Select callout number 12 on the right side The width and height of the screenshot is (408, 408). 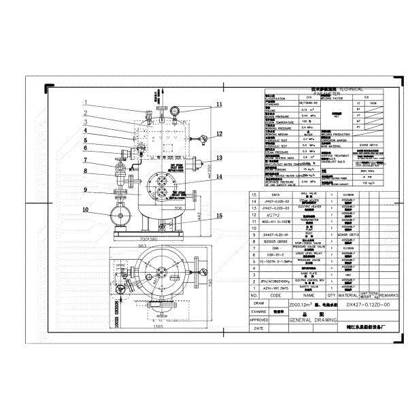pyautogui.click(x=220, y=133)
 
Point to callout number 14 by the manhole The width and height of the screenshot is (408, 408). pyautogui.click(x=220, y=177)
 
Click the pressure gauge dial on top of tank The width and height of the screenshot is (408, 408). pyautogui.click(x=173, y=108)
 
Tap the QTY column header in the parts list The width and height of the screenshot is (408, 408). pyautogui.click(x=331, y=296)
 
